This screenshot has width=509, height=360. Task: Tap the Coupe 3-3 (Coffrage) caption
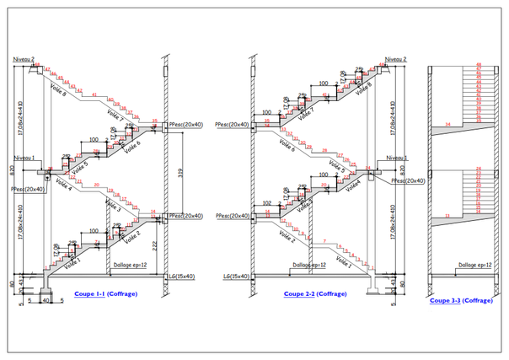[x=460, y=300]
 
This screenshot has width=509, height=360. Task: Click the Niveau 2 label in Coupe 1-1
[x=24, y=59]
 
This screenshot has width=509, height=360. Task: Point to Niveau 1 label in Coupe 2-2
[x=393, y=158]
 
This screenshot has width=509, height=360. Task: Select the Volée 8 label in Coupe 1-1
[x=58, y=85]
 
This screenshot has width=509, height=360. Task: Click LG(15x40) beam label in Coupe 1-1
[x=180, y=276]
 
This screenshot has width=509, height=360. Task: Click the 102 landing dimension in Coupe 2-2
[x=266, y=202]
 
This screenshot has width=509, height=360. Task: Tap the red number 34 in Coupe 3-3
[x=448, y=125]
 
